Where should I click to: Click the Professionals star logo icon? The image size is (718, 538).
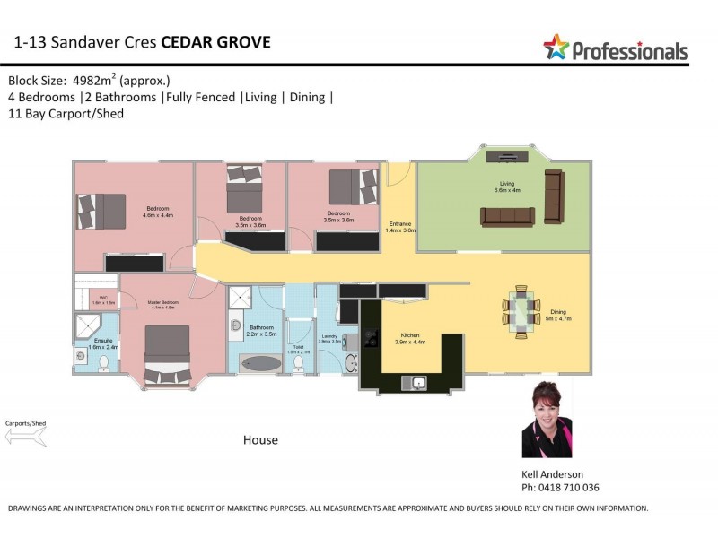click(556, 47)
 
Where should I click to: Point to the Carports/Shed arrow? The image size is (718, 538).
click(25, 436)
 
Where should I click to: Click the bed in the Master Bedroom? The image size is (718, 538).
click(167, 352)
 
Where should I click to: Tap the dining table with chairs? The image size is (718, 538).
click(521, 310)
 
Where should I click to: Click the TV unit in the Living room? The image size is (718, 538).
click(503, 156)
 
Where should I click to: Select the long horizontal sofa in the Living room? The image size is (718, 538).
click(508, 216)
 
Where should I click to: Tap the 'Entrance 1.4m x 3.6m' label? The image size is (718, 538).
click(399, 227)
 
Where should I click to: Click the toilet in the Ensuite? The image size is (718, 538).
click(103, 363)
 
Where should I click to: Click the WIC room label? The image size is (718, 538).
click(103, 300)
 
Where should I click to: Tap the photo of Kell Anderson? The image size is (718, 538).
click(547, 419)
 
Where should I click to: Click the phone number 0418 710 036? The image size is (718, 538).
click(568, 488)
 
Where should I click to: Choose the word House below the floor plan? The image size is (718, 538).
click(260, 440)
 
